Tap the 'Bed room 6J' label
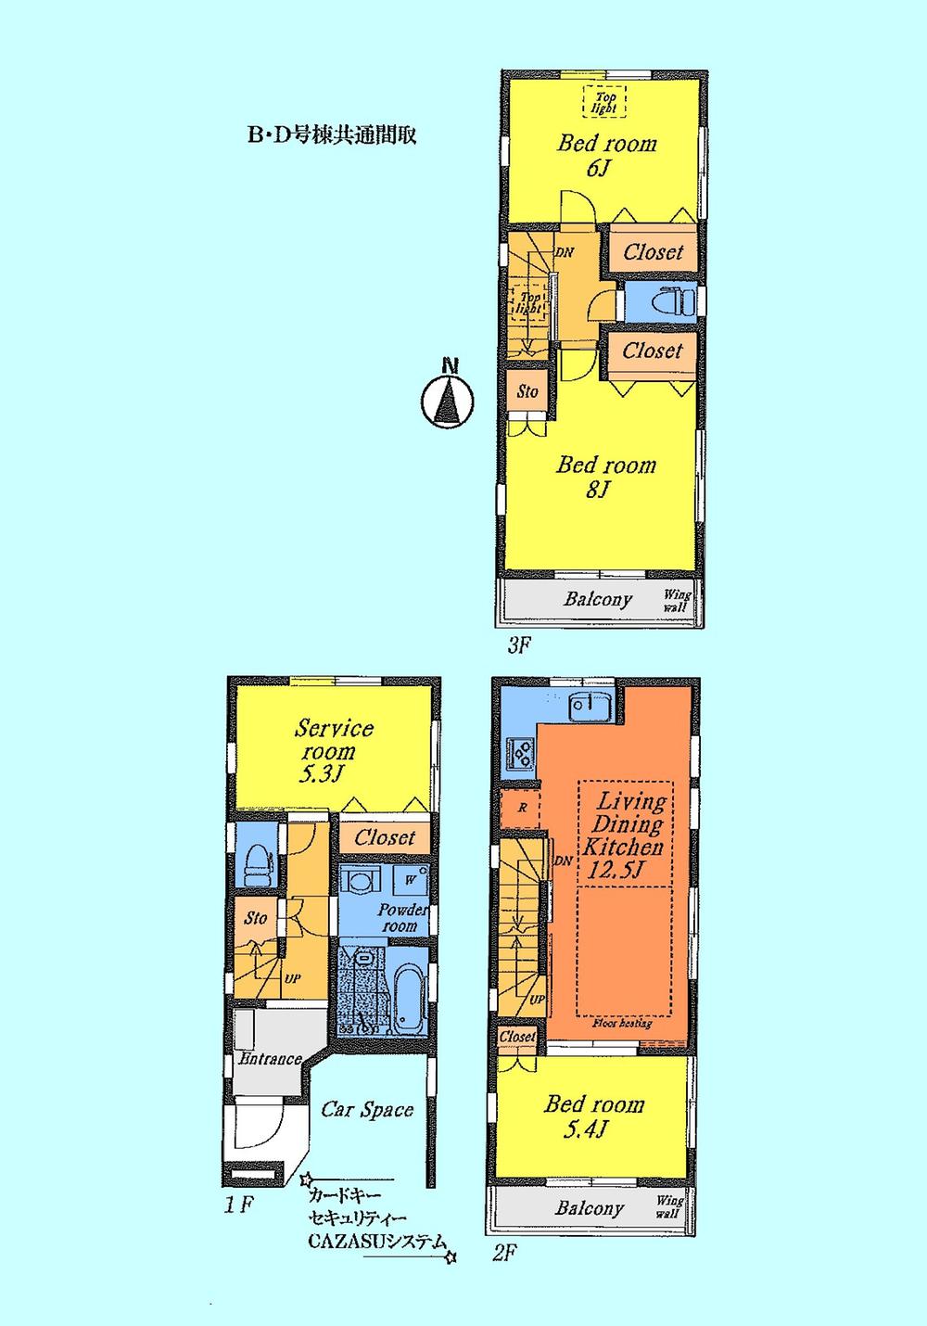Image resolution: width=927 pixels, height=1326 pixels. coord(606,155)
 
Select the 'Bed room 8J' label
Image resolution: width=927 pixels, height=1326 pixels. coord(605,477)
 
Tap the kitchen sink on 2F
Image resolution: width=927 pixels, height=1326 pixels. coord(588,708)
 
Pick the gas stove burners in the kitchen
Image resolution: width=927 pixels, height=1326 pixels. coord(519,750)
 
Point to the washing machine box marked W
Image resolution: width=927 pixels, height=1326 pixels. coord(409,879)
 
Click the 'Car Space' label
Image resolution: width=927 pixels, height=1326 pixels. coord(367,1110)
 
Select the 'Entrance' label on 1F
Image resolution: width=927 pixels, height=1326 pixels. coord(270,1058)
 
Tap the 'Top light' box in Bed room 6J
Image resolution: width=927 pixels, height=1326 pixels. coord(604,102)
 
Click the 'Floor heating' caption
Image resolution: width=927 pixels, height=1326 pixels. coord(622,1023)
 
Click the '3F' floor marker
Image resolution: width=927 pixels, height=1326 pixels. coord(519,645)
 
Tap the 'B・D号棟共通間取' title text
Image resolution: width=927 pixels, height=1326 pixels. coord(330,135)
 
